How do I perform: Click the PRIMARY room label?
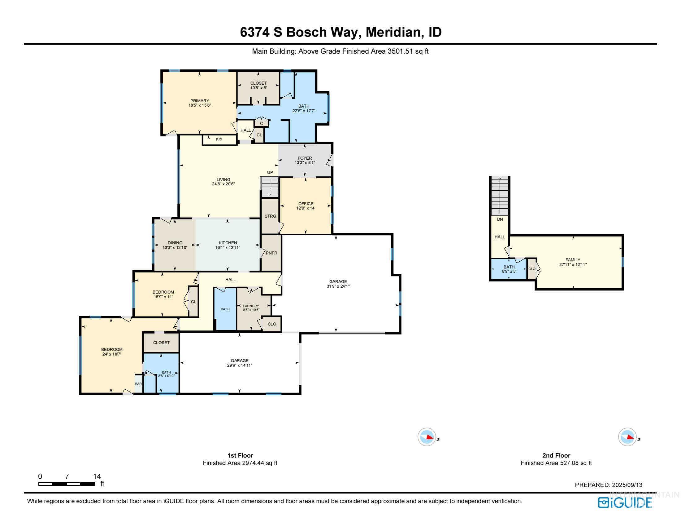point(200,101)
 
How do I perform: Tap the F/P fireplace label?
point(219,140)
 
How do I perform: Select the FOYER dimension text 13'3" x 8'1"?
point(305,163)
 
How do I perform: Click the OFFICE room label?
point(306,204)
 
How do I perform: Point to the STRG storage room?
point(270,216)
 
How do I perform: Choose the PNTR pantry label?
point(271,253)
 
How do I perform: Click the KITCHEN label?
point(228,243)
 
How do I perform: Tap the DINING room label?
point(175,243)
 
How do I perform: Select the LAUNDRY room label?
point(251,306)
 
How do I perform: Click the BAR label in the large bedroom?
point(138,384)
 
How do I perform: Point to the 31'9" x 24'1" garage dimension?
point(338,286)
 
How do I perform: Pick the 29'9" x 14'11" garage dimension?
point(240,365)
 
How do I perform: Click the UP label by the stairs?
point(270,172)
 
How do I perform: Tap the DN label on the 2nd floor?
point(500,219)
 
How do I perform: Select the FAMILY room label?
point(573,260)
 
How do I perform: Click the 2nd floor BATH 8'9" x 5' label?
point(509,269)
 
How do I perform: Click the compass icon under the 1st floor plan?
point(427,437)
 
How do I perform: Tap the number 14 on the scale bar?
point(97,476)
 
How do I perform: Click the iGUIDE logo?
point(625,503)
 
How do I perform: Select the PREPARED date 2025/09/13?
point(627,485)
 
